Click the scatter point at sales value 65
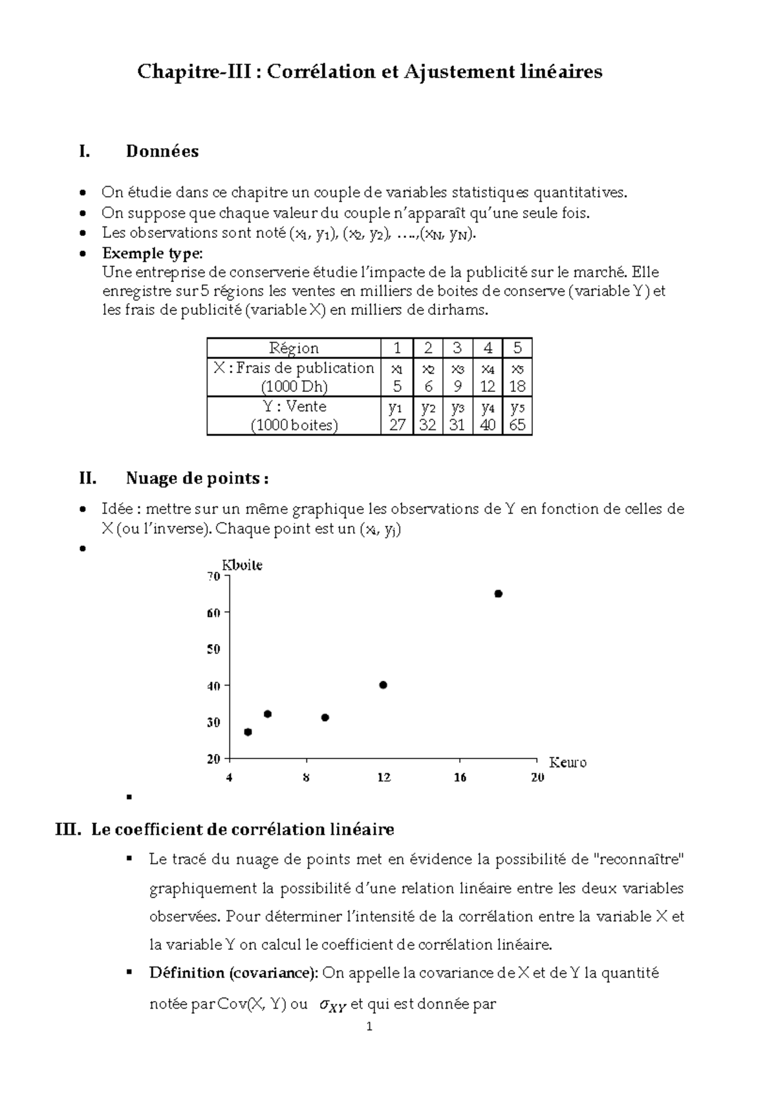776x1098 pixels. tap(498, 594)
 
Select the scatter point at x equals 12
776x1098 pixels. tap(383, 685)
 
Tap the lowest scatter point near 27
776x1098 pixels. tap(248, 732)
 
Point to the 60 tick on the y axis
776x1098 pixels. tap(214, 612)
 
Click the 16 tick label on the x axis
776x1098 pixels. tap(460, 777)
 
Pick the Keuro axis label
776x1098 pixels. tap(567, 762)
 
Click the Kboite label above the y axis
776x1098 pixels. tap(242, 565)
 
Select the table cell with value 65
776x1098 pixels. tap(517, 425)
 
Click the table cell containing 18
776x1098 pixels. tap(517, 387)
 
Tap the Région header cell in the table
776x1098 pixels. tap(294, 348)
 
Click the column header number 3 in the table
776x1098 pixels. tap(457, 348)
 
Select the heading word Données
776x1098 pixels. tap(162, 151)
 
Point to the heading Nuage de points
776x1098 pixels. tap(197, 479)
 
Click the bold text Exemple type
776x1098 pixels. tap(151, 253)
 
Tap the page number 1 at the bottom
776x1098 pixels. tap(369, 1027)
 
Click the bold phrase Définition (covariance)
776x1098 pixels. tap(233, 973)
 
